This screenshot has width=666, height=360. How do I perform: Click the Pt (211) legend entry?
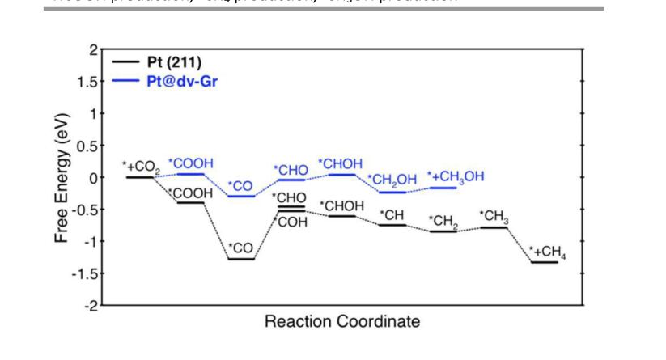point(170,61)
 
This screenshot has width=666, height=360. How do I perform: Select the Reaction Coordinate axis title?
point(342,322)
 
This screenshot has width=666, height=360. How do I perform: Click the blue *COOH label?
point(190,163)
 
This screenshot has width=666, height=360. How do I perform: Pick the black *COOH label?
point(191,194)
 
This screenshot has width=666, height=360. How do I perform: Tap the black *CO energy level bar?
point(241,259)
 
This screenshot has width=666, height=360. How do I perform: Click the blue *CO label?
point(240,186)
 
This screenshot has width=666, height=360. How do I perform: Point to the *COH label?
point(292,222)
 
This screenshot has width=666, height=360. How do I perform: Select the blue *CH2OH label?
point(392,180)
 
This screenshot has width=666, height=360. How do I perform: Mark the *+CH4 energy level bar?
point(544,261)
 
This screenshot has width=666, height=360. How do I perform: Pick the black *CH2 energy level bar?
point(443,231)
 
